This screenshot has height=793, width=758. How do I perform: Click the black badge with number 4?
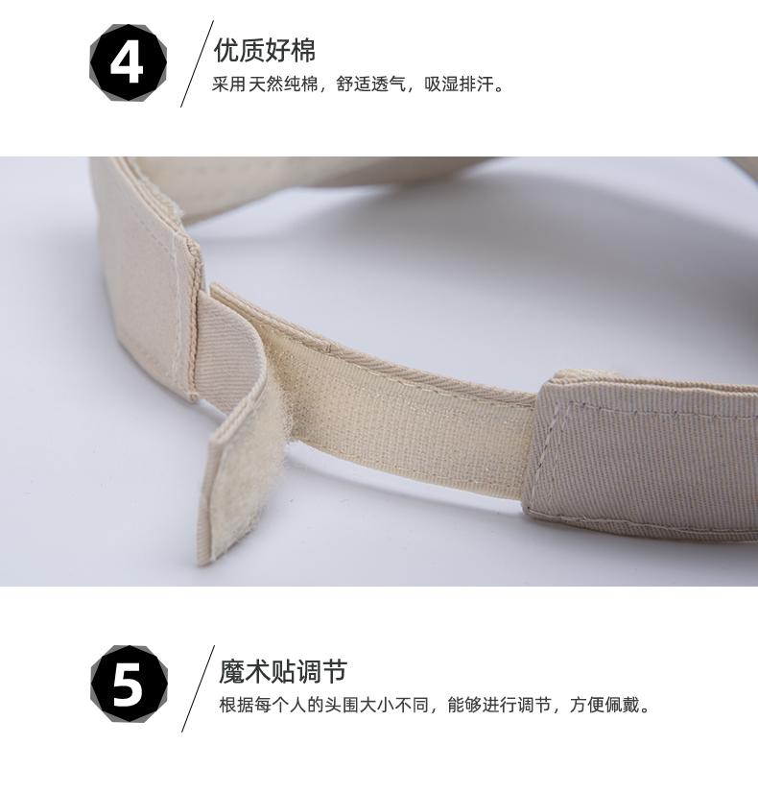(128, 62)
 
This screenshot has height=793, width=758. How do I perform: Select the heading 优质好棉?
(265, 50)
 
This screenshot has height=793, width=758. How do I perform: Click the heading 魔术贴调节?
(283, 672)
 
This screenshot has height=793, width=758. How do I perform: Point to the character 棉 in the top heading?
(303, 50)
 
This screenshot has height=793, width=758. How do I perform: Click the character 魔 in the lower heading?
(232, 672)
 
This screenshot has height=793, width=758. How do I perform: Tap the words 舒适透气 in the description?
(371, 84)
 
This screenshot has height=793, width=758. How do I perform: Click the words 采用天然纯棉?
(265, 84)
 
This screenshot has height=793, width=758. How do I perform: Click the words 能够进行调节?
(499, 705)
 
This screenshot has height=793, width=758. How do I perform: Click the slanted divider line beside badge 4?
(197, 63)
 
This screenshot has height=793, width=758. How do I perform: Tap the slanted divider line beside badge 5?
(198, 688)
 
